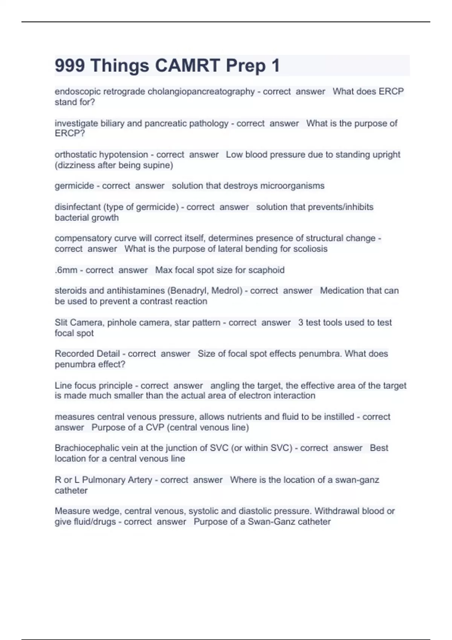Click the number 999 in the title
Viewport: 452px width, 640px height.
coord(70,66)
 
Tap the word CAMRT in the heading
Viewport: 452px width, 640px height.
coord(187,66)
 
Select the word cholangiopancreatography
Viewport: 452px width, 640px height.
coord(201,91)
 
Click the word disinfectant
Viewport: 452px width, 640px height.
coord(78,207)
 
